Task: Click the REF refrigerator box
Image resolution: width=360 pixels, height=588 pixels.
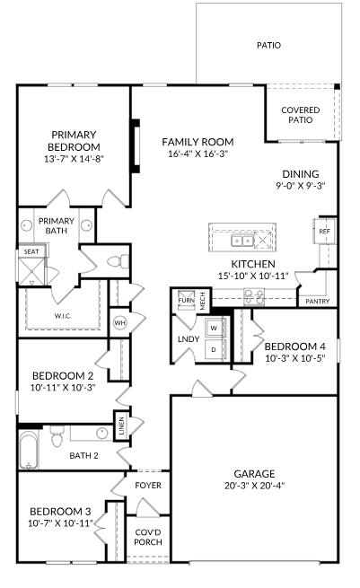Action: (324, 231)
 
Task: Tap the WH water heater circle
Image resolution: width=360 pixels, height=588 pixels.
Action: (119, 322)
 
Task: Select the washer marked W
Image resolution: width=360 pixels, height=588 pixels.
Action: (214, 329)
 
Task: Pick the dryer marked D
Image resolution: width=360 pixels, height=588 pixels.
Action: (214, 349)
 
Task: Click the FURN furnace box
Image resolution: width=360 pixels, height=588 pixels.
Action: (187, 301)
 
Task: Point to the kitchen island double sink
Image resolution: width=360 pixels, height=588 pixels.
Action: (242, 241)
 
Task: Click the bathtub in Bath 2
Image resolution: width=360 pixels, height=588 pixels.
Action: (29, 450)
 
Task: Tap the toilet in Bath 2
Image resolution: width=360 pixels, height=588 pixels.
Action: (57, 437)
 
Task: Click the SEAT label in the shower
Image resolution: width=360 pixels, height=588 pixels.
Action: (31, 251)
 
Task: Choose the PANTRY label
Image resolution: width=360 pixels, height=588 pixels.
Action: (317, 301)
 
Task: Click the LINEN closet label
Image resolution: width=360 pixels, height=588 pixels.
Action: (121, 426)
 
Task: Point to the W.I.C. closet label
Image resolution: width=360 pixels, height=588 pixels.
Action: (63, 316)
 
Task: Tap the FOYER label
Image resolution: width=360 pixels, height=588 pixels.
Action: (148, 486)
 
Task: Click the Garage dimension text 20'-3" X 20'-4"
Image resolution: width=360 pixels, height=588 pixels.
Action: (255, 486)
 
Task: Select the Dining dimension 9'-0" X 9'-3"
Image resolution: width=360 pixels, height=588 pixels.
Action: (301, 186)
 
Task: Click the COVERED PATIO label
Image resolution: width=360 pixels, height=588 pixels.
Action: (301, 115)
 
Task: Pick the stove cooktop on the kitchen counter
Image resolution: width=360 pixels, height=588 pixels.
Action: (254, 296)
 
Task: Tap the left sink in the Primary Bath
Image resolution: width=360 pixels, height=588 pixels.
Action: (26, 225)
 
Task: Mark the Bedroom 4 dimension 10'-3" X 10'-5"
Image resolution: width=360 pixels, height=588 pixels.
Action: (294, 358)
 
